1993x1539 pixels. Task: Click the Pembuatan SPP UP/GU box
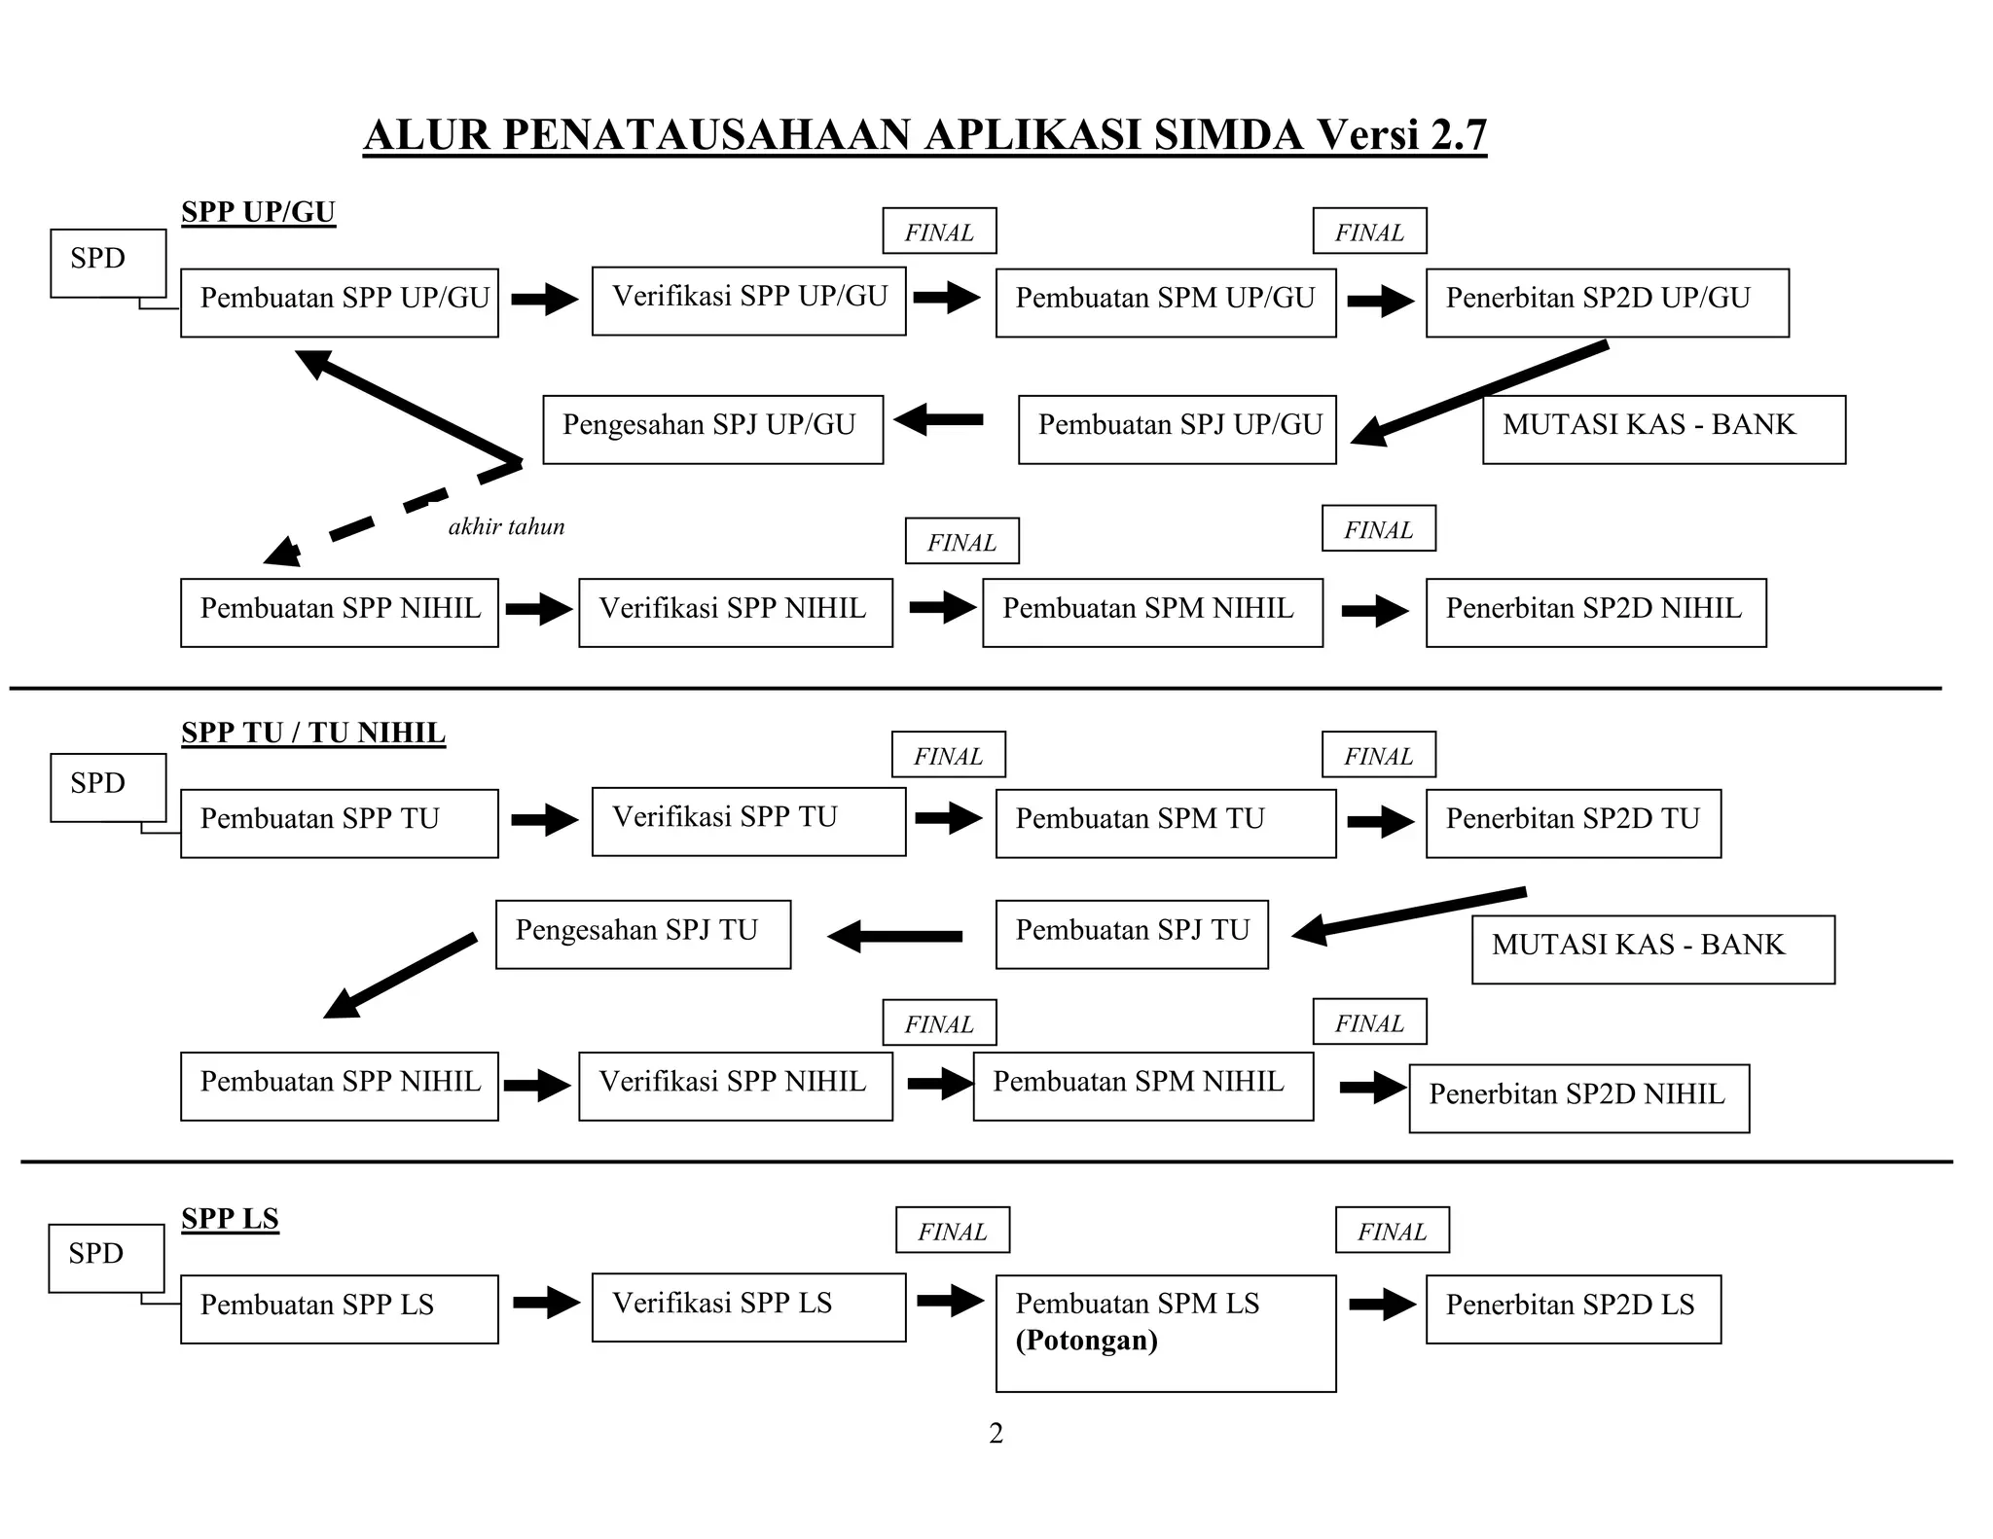click(339, 303)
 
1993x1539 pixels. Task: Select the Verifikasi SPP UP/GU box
click(748, 301)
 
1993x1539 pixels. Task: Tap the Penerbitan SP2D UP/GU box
click(1607, 303)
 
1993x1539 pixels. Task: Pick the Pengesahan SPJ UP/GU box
click(712, 429)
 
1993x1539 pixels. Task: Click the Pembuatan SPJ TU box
click(1132, 934)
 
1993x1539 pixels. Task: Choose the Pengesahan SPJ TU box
click(642, 934)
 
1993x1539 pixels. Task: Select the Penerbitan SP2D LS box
click(1573, 1308)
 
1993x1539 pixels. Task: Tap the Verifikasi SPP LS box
click(748, 1306)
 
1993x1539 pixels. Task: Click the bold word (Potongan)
click(1086, 1341)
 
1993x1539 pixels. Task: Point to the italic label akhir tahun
click(506, 527)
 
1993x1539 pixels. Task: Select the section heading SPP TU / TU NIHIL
click(313, 733)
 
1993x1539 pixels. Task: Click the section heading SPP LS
click(230, 1218)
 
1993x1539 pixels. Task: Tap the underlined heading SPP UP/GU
click(258, 212)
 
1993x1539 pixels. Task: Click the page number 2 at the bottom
click(996, 1433)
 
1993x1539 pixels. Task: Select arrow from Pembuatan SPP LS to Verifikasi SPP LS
click(546, 1303)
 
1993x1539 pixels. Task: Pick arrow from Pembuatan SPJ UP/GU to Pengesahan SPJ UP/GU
click(938, 420)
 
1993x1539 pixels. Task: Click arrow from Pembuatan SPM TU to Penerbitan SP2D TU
click(1380, 822)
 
